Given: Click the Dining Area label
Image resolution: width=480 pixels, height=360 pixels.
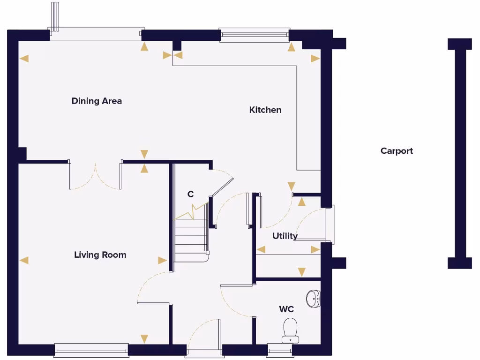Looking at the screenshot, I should coord(97,101).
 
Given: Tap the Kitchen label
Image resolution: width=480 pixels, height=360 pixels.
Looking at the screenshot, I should coord(265,110).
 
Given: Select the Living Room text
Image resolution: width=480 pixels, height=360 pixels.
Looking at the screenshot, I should coord(100,255).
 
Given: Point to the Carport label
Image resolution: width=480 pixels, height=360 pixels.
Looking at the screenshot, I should coord(397,151).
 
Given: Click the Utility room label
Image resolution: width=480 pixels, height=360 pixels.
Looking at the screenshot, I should coord(285,236).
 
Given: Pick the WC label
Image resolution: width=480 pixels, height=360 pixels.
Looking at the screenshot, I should coord(286,309).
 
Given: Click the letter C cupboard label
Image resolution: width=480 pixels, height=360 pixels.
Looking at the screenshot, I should coord(190,195).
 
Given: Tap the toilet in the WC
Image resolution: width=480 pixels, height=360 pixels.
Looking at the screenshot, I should coord(291,330).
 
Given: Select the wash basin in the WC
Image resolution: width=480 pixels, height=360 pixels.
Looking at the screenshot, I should coord(314,299).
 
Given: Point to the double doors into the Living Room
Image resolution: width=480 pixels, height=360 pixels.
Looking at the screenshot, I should coord(96,176).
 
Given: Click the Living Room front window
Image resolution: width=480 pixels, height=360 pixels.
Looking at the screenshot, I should coord(91,350).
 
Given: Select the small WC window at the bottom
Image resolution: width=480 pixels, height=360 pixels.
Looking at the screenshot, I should coord(280,350).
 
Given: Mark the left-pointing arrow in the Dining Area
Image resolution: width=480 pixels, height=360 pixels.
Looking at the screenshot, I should coord(24,59).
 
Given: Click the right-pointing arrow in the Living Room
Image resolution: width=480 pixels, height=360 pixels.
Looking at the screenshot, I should coord(162,260).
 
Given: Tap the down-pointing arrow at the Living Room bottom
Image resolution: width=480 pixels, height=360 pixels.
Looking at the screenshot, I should coord(144,338).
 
